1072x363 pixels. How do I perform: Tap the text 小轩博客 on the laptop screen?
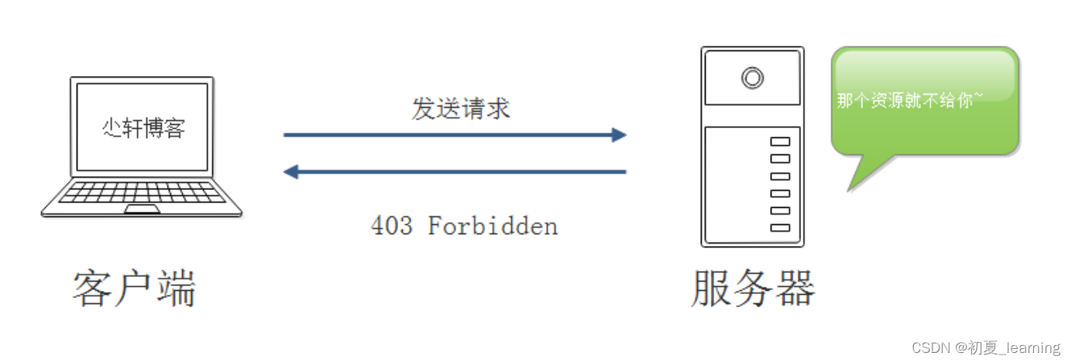click(x=144, y=127)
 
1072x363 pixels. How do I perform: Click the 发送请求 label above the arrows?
click(x=461, y=109)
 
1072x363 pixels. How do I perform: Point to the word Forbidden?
click(x=493, y=226)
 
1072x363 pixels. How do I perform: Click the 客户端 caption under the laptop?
click(x=135, y=289)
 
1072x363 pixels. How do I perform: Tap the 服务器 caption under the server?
click(x=753, y=289)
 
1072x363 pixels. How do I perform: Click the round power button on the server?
click(x=751, y=78)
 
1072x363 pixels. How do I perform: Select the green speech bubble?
click(x=924, y=101)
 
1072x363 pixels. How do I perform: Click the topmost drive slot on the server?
click(x=780, y=141)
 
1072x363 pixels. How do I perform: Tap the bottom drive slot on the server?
click(x=780, y=228)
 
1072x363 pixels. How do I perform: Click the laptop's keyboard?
click(x=142, y=193)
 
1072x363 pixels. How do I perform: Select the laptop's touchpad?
click(x=143, y=209)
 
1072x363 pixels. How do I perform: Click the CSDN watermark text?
click(x=986, y=347)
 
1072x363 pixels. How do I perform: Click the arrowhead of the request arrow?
click(x=618, y=135)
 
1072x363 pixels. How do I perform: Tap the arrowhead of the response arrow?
click(x=291, y=171)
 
